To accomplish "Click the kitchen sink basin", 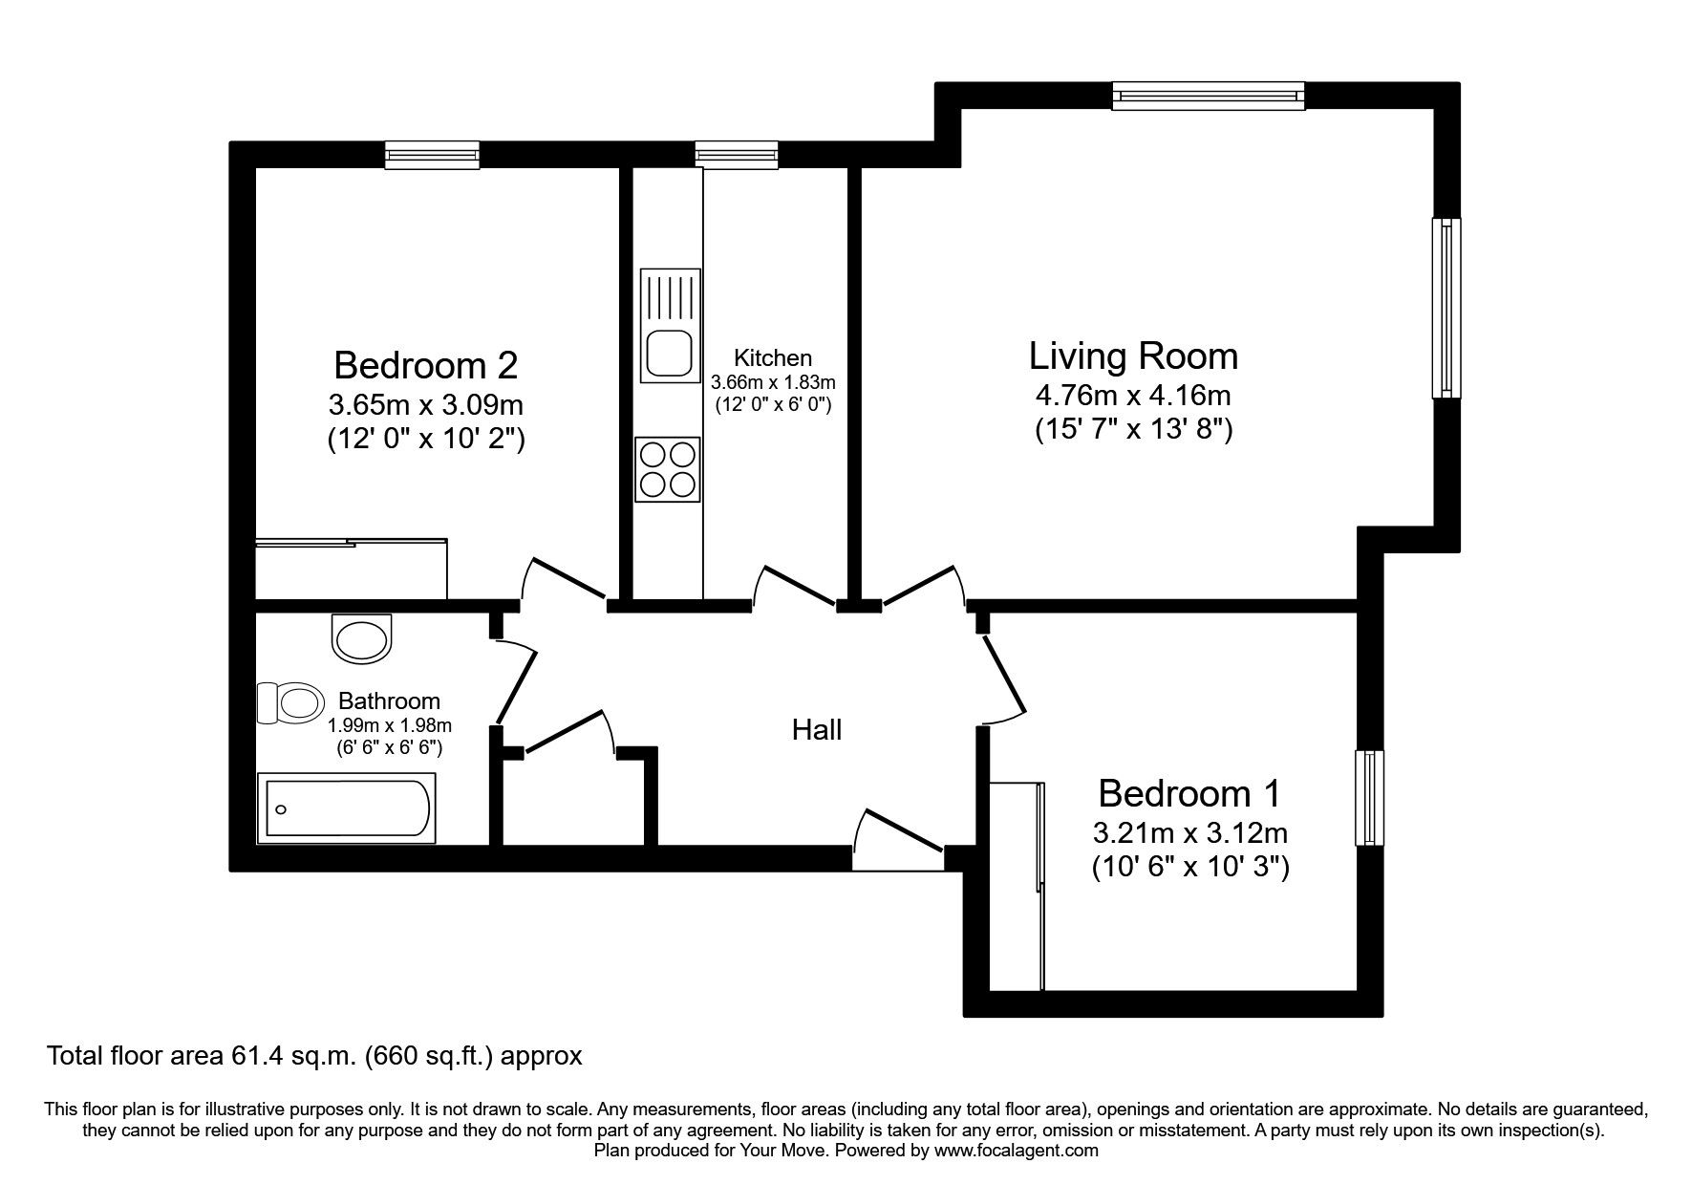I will point(669,354).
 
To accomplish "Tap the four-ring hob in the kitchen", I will point(668,469).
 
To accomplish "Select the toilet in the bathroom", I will point(289,703).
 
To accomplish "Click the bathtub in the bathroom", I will point(347,809).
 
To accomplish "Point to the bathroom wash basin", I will point(362,637).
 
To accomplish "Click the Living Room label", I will point(1133,356).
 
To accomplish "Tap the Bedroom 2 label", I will point(426,365).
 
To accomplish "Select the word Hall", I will point(817,730).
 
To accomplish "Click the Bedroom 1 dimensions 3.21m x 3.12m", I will point(1190,832).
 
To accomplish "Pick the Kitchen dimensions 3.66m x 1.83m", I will point(773,382).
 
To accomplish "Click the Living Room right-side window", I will point(1446,308).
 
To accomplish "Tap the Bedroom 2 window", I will point(432,154).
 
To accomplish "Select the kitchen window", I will point(736,154).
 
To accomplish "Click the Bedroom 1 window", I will point(1370,798).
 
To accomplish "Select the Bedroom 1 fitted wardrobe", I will point(1017,885).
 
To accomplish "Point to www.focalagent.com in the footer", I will point(1016,1151).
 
